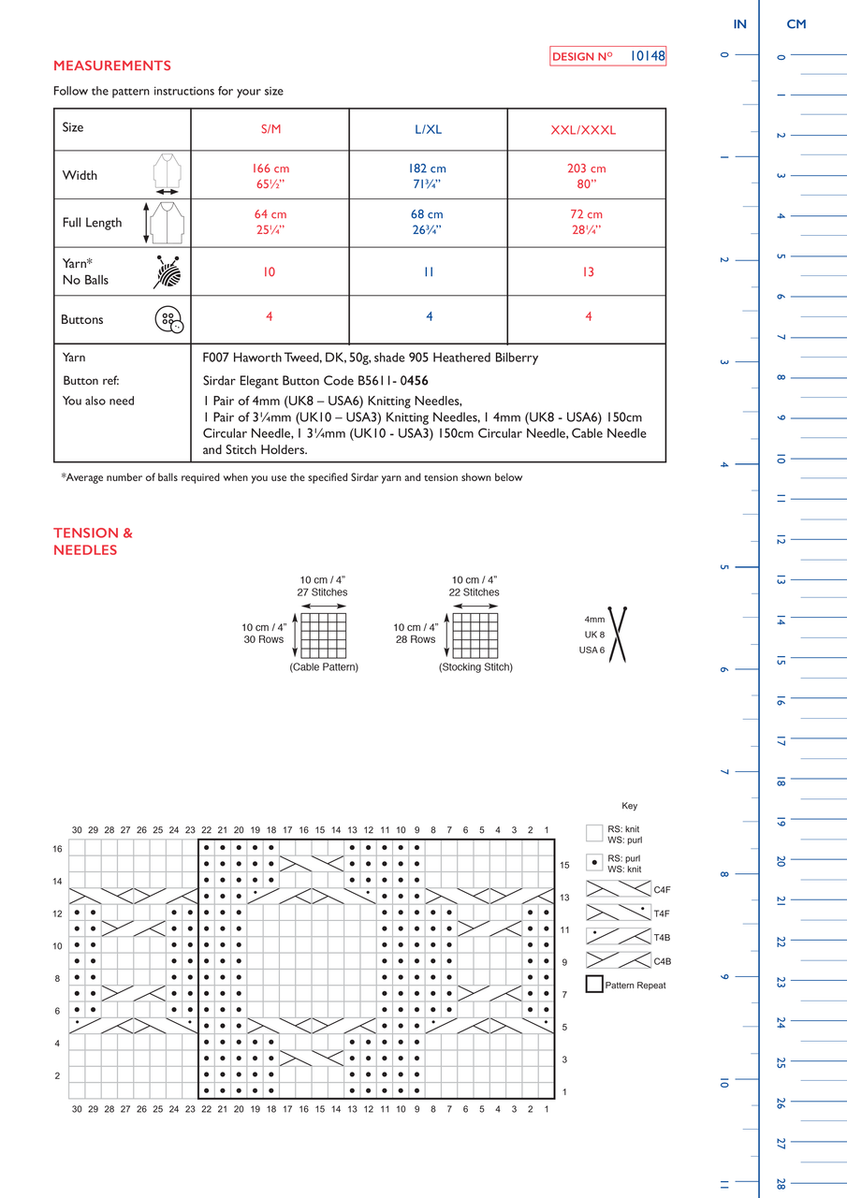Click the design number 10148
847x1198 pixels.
[x=647, y=56]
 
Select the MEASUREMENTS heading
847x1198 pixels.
[x=111, y=66]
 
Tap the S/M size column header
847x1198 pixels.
[x=270, y=130]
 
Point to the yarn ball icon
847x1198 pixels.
[x=168, y=271]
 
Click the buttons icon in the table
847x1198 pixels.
[x=169, y=319]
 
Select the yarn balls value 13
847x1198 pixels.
[x=587, y=272]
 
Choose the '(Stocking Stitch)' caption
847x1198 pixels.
[x=475, y=667]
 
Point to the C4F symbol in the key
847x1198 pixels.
[x=618, y=889]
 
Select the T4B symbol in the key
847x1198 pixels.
[x=618, y=936]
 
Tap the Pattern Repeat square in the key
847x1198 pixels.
[x=594, y=985]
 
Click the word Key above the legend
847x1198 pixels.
[x=629, y=806]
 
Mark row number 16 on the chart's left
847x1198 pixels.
[x=58, y=849]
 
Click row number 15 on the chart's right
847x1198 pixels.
[x=564, y=866]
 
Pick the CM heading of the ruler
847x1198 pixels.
[x=796, y=24]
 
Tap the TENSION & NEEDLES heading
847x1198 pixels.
[x=93, y=542]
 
